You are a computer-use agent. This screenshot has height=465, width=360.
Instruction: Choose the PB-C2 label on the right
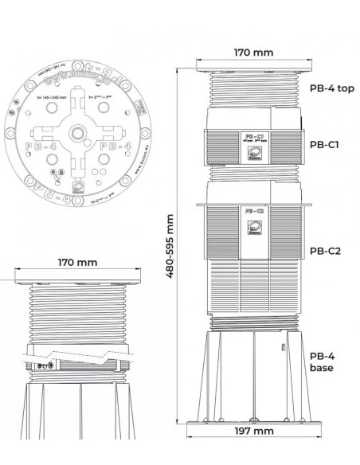pyautogui.click(x=325, y=250)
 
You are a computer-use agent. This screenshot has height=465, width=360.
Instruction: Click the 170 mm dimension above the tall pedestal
pyautogui.click(x=253, y=53)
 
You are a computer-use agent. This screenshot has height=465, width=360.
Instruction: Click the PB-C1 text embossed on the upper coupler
pyautogui.click(x=254, y=136)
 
